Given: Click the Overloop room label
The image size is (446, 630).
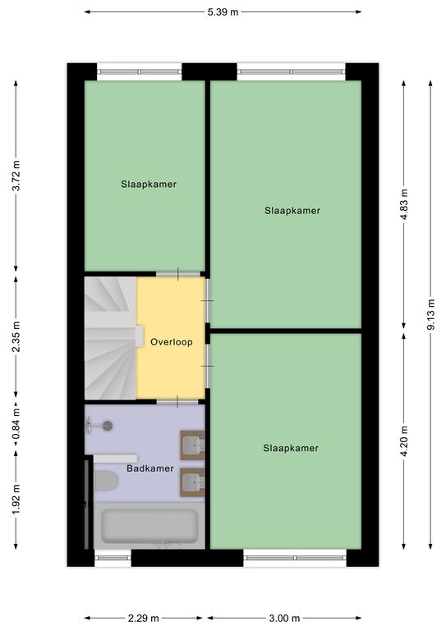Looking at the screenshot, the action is coord(172,342).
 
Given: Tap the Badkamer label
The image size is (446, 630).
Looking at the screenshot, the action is coord(150,468).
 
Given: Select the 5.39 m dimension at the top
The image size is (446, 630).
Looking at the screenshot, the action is coord(223,12).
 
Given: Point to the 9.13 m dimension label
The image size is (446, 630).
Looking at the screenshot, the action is coord(430,314).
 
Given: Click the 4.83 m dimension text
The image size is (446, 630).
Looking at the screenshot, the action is coord(404,204).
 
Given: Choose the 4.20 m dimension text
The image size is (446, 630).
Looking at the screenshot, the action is coord(404,441).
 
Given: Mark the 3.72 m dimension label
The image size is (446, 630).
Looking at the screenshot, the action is coord(16,176).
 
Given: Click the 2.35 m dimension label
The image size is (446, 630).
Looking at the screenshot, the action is coord(16,336).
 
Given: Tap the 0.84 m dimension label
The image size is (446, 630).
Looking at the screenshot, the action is coord(16,424).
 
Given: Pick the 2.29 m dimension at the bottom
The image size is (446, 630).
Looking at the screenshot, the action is coord(143,618).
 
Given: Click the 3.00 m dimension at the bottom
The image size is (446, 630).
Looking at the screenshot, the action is coord(284,618).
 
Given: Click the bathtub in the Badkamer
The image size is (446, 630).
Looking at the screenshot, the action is coord(149,526).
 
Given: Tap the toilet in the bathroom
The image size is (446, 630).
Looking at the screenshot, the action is coord(106,481).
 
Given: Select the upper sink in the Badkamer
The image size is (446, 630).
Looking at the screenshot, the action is coord(193,445).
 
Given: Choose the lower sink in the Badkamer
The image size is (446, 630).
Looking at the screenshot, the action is coord(193,482).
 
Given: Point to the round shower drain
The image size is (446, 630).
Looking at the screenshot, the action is coord(108,426).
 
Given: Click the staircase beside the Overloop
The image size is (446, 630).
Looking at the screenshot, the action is coord(111,338).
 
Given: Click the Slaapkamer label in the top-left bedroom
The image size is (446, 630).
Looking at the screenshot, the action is coord(149,185).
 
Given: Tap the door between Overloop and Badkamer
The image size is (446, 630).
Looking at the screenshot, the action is coord(177,401).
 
